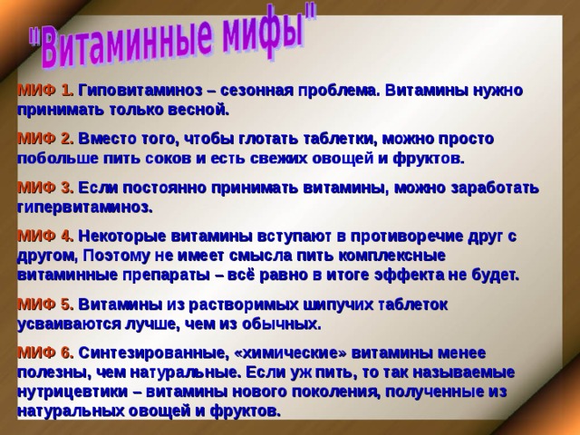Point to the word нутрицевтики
click(x=68, y=391)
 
